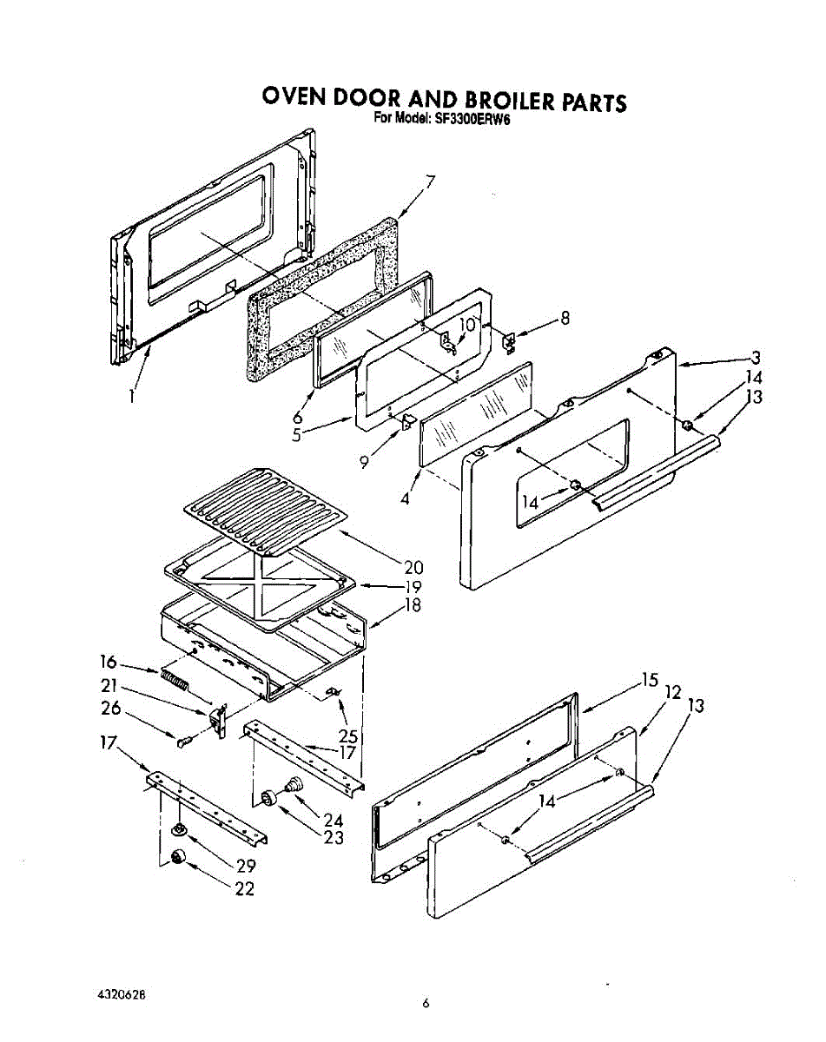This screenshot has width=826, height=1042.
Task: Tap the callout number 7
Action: [429, 182]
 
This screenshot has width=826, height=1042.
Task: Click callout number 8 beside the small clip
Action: [565, 318]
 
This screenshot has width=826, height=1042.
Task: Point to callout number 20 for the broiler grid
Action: [413, 567]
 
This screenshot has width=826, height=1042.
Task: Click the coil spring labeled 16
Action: [175, 679]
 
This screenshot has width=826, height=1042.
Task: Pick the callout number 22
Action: [246, 888]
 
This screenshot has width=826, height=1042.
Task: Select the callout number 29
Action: [246, 865]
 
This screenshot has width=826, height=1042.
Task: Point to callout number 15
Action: [650, 681]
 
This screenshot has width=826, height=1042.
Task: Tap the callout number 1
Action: [131, 396]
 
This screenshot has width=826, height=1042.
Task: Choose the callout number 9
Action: [365, 462]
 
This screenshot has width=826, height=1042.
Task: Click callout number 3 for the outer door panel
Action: [757, 358]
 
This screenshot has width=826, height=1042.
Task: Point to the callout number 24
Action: [333, 819]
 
